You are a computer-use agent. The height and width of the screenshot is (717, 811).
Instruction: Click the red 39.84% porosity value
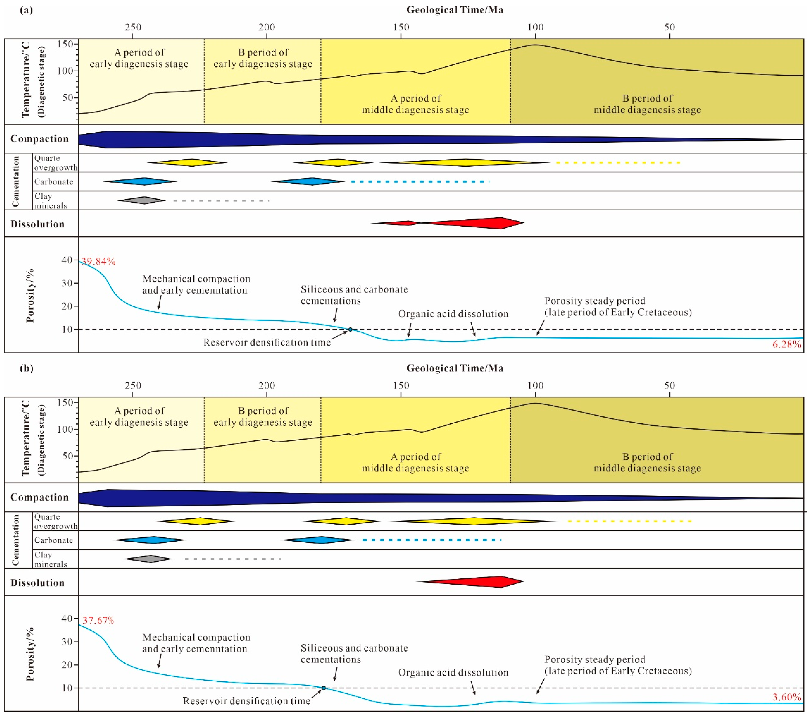click(x=99, y=262)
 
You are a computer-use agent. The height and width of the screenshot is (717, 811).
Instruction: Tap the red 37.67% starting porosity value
click(x=98, y=620)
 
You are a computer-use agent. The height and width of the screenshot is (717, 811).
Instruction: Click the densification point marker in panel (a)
click(x=350, y=329)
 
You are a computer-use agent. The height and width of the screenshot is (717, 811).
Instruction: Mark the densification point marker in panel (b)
click(x=324, y=688)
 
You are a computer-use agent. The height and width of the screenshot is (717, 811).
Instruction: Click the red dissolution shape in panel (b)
click(x=476, y=582)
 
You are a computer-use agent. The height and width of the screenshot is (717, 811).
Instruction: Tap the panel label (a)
click(x=26, y=10)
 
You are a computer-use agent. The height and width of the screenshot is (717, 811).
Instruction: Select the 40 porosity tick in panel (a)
click(x=67, y=260)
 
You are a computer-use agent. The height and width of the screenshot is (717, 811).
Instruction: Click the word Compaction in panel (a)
click(x=39, y=139)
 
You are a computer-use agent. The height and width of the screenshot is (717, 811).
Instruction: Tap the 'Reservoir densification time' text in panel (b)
click(x=246, y=701)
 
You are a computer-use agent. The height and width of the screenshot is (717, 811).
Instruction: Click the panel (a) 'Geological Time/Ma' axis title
click(x=455, y=10)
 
